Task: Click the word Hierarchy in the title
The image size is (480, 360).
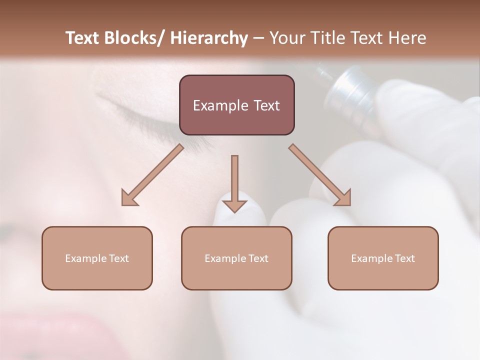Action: click(209, 38)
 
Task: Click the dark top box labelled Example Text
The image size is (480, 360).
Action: click(236, 105)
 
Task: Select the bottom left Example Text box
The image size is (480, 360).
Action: click(97, 258)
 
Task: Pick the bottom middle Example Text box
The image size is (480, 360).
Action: click(236, 258)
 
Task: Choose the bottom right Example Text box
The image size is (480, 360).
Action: click(383, 258)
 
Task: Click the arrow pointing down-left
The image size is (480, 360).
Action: click(152, 175)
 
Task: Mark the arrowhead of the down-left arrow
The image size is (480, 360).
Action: click(129, 197)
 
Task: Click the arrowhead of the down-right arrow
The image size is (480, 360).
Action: click(343, 197)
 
